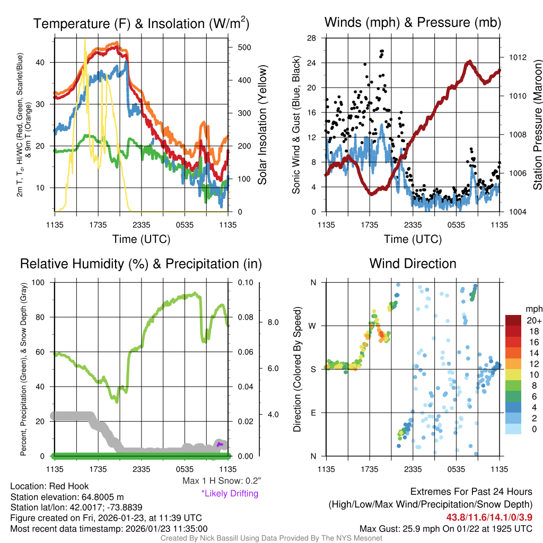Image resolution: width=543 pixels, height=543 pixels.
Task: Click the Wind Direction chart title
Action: coord(413,264)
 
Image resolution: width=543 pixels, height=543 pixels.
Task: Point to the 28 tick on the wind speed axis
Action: coord(312,38)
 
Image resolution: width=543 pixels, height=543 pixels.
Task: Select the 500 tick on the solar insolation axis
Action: coord(244,47)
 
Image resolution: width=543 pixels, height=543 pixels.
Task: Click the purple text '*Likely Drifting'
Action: coord(230,494)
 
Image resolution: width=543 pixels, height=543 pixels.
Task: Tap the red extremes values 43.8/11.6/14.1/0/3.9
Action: coord(489,516)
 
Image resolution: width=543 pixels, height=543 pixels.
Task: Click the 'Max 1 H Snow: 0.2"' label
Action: coord(221,481)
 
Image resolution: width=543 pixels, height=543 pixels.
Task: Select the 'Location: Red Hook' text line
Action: coord(49,486)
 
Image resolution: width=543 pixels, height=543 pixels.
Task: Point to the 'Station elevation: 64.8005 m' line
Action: coord(67,497)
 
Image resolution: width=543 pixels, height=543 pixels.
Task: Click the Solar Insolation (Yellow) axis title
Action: coord(262,125)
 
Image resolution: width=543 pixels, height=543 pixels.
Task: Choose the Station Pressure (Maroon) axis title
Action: coord(537,125)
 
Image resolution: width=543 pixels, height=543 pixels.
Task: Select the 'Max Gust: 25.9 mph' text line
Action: coord(445,528)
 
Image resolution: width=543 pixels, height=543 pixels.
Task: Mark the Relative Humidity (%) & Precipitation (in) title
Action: coord(141,264)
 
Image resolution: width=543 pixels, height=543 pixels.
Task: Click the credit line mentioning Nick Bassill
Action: coord(271,538)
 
